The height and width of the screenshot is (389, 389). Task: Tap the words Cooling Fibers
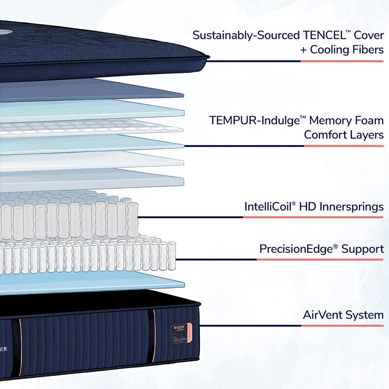(x=347, y=50)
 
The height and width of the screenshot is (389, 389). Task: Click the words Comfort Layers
(x=344, y=135)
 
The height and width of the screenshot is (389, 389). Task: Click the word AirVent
(x=323, y=315)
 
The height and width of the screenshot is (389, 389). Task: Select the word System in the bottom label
(x=365, y=315)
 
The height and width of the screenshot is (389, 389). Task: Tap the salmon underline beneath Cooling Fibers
(x=342, y=61)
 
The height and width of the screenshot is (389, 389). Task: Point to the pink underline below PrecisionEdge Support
(x=320, y=260)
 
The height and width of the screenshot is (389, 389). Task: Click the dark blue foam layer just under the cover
(x=97, y=90)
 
